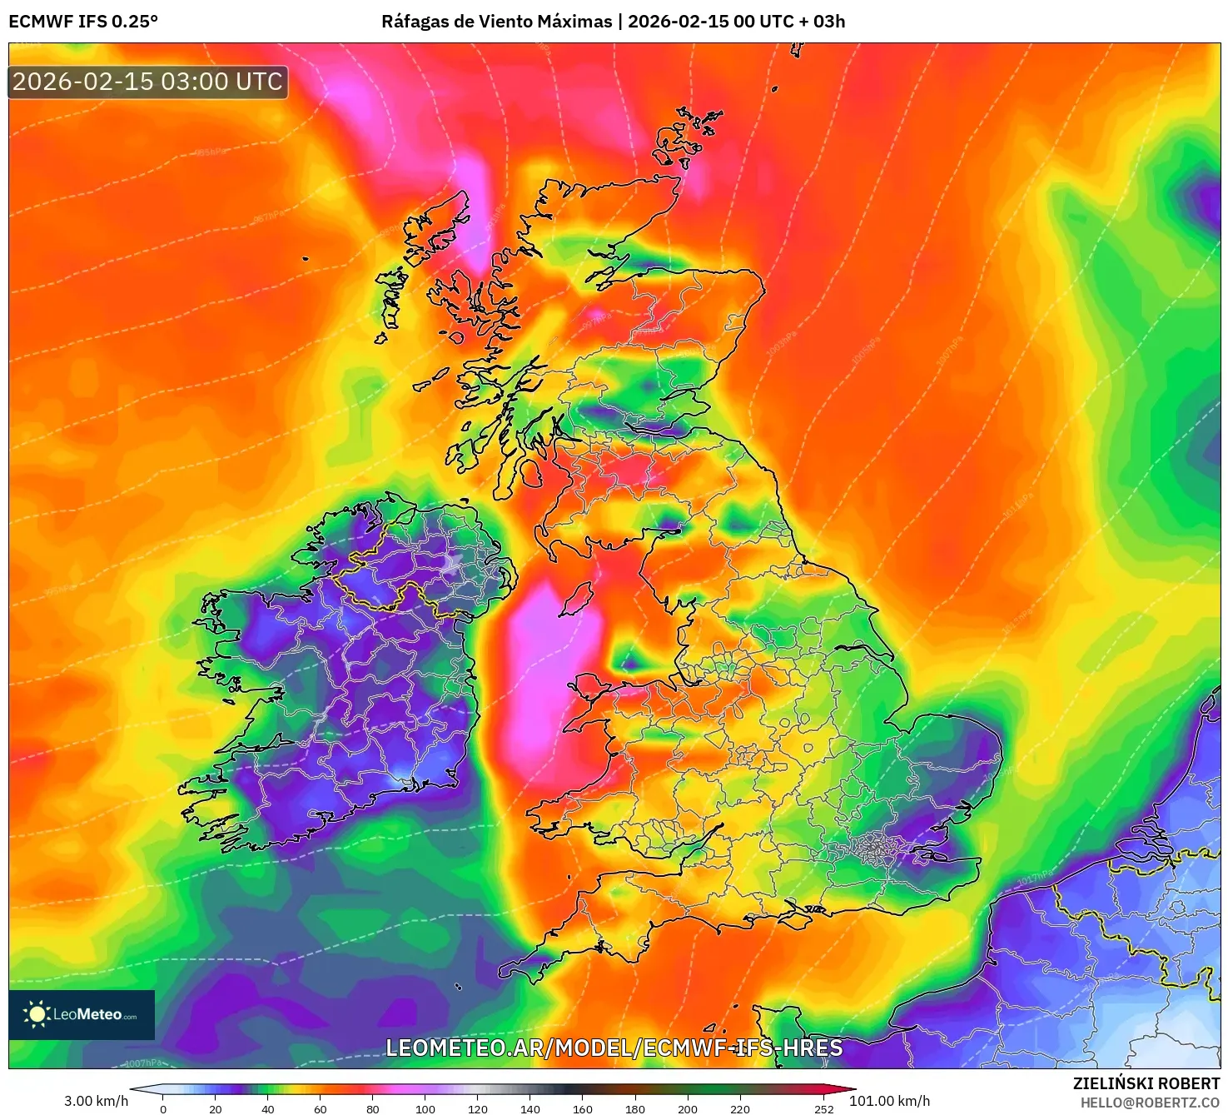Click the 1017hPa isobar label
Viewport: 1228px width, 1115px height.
point(1035,876)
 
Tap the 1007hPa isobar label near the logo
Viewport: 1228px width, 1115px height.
point(143,1063)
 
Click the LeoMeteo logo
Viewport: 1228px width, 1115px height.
point(82,1014)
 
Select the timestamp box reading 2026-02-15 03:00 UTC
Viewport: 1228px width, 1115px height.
point(148,82)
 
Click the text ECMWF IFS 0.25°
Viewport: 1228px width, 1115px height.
point(83,22)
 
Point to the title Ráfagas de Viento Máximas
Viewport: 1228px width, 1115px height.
point(496,22)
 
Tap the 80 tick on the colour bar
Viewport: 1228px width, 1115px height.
point(373,1108)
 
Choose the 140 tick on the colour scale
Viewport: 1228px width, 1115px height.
point(530,1108)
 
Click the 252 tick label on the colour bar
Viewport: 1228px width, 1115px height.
point(824,1108)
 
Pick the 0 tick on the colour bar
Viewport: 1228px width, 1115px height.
point(163,1108)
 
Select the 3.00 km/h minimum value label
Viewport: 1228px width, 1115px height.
point(97,1101)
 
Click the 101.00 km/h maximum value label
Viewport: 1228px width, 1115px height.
point(889,1101)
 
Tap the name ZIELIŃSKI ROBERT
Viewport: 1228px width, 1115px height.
point(1146,1083)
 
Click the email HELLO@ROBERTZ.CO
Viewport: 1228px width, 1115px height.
point(1150,1103)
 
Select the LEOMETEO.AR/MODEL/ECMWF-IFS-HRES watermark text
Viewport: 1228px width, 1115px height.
point(614,1048)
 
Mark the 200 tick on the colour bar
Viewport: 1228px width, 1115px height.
point(688,1108)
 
